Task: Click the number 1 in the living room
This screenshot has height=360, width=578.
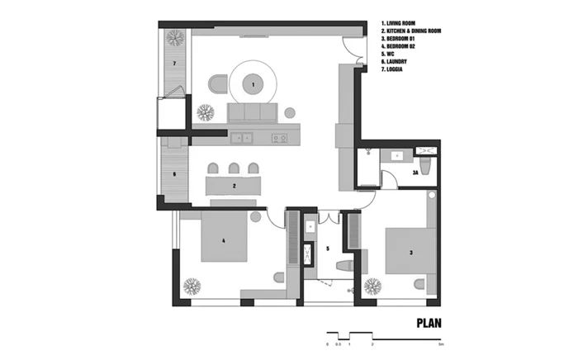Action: point(252,84)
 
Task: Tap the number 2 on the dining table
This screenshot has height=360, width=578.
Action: point(235,186)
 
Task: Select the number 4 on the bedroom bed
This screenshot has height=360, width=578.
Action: point(223,241)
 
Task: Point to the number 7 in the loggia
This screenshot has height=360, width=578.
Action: point(175,64)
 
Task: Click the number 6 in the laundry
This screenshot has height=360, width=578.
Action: point(175,174)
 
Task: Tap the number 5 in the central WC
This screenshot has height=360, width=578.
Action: point(327,248)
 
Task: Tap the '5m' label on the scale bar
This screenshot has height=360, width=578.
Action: point(441,342)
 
